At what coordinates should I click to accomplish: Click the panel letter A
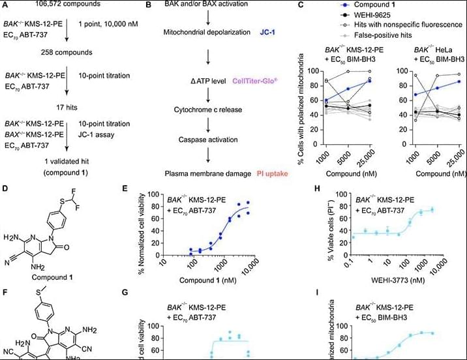click(x=5, y=5)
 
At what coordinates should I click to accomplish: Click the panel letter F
click(x=5, y=285)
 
